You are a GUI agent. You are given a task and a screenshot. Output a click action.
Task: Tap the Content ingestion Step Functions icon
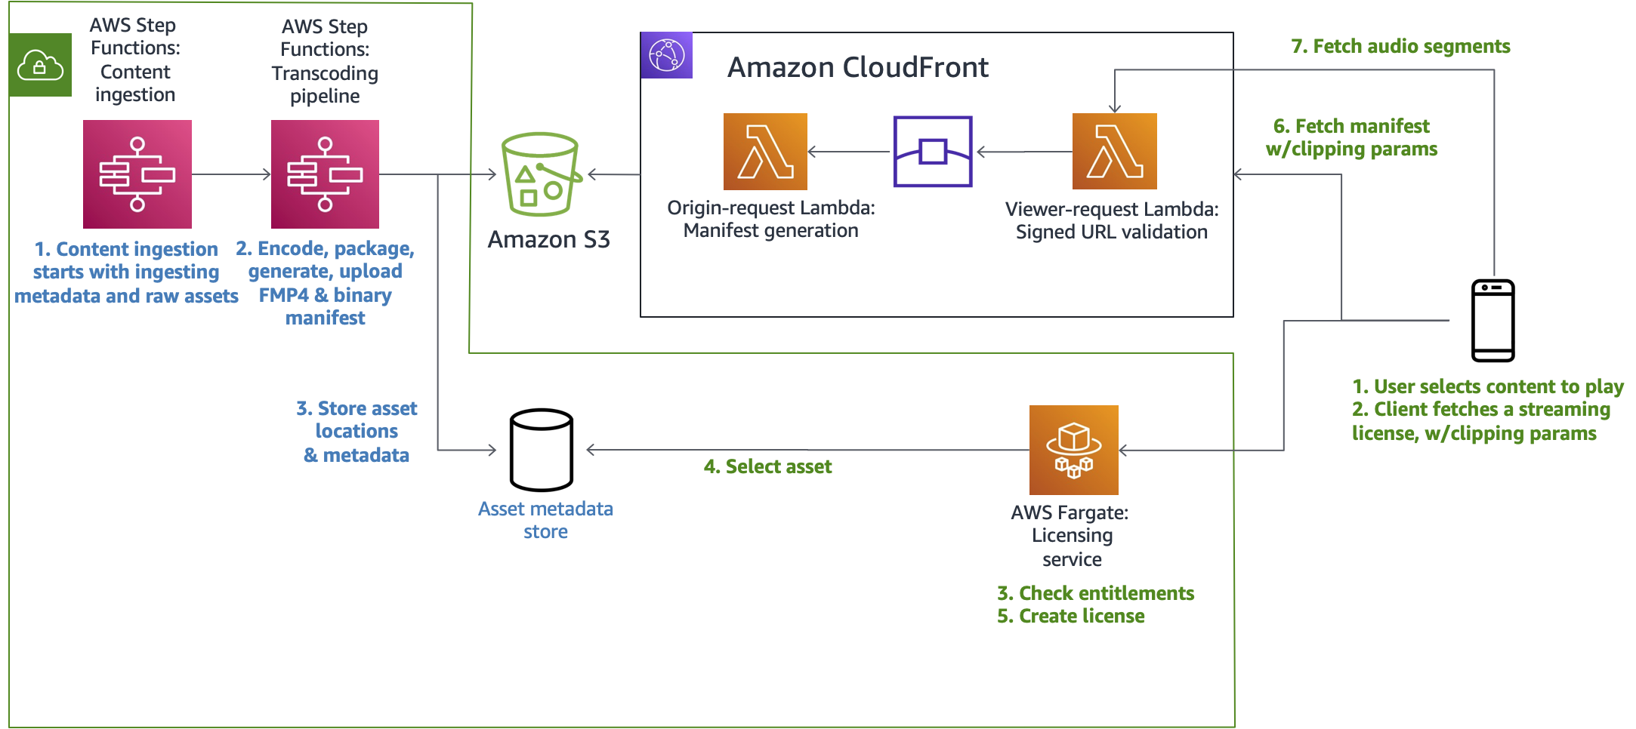(x=137, y=174)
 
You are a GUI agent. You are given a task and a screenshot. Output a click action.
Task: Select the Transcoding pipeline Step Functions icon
(x=325, y=174)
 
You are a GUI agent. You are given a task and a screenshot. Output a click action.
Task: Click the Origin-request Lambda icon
(x=765, y=151)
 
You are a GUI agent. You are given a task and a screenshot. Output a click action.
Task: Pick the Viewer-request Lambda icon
(x=1114, y=151)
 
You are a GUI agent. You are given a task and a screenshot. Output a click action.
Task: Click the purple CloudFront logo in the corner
(x=666, y=55)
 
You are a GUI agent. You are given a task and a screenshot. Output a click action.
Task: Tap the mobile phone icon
(x=1492, y=321)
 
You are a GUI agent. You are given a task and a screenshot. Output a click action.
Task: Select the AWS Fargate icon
(x=1073, y=450)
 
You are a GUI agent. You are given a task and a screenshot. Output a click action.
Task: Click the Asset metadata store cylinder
(x=541, y=450)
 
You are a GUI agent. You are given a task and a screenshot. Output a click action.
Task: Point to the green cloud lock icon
(x=41, y=65)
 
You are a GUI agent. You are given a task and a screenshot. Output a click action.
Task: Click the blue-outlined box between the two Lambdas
(x=932, y=151)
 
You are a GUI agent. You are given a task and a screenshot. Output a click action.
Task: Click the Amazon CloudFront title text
(x=857, y=68)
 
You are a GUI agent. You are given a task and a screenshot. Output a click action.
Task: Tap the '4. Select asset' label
(x=767, y=466)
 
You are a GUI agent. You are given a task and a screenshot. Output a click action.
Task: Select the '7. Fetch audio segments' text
(x=1400, y=47)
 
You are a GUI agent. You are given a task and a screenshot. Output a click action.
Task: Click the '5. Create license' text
(x=1070, y=616)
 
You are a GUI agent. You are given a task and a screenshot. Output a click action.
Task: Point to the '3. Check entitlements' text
(x=1095, y=593)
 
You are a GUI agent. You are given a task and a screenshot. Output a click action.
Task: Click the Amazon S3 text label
(x=548, y=239)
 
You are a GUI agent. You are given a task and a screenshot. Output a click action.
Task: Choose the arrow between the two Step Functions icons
(x=231, y=174)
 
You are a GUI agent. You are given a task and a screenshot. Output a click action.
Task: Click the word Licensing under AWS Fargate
(x=1072, y=535)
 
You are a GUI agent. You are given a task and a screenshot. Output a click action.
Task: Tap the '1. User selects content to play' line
(x=1487, y=386)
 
